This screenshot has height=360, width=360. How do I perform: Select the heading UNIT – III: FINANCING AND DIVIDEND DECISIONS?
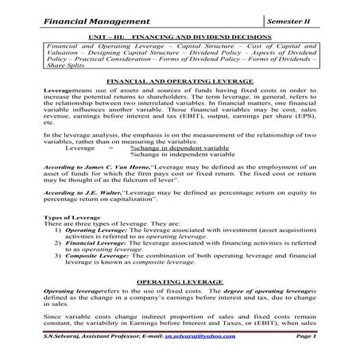click(x=179, y=37)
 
